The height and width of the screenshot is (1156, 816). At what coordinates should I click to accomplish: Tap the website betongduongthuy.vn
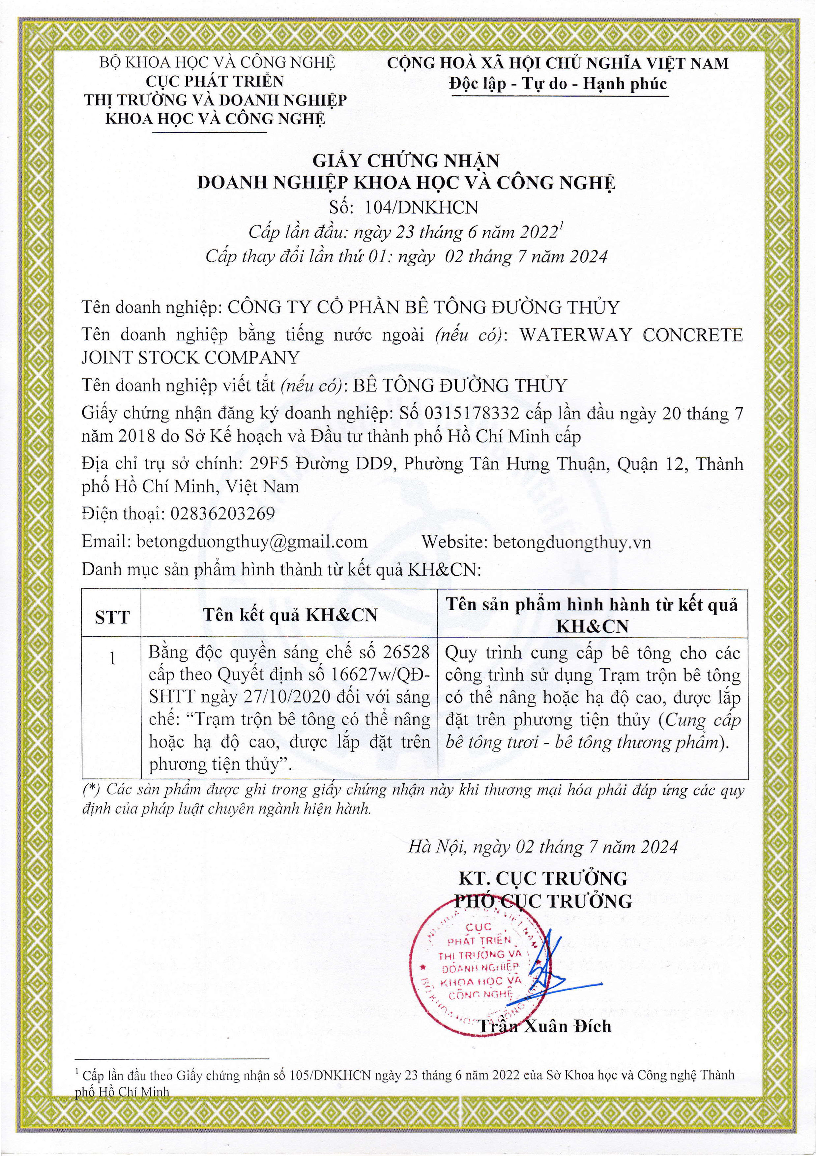(x=572, y=542)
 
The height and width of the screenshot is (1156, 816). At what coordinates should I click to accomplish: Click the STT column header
(x=112, y=617)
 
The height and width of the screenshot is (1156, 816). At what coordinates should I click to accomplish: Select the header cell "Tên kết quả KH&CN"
(x=290, y=615)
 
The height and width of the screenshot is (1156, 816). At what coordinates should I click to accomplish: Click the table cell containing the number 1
(x=112, y=658)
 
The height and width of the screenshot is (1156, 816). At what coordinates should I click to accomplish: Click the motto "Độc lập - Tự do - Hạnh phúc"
(x=558, y=84)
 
